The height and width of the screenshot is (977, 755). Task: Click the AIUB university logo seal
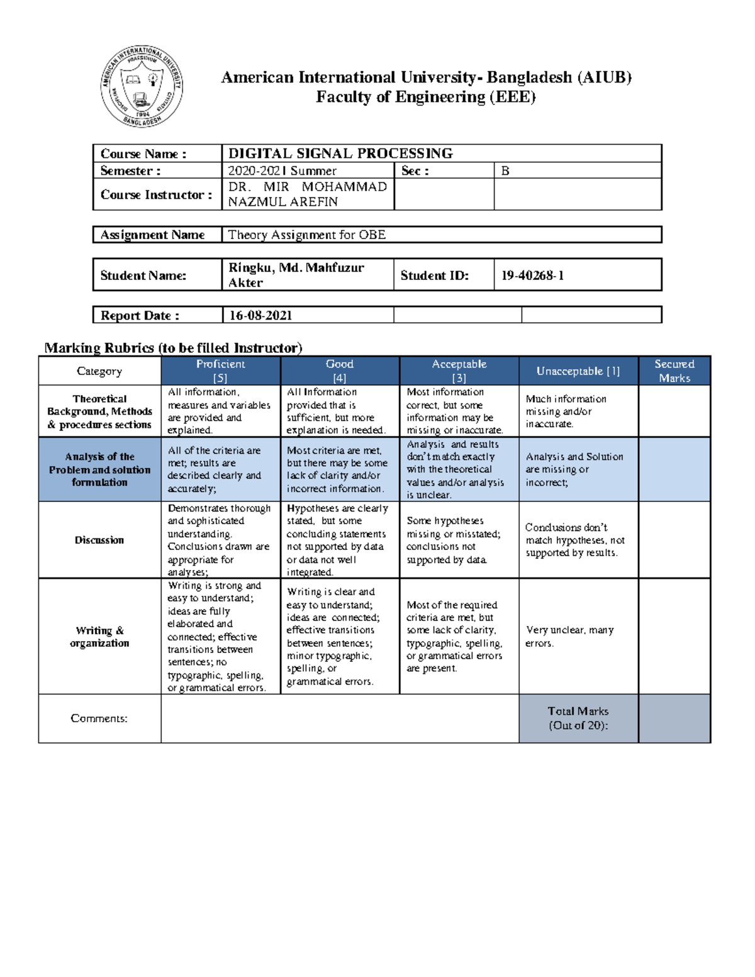click(x=142, y=87)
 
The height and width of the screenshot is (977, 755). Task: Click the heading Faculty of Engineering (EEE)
click(x=425, y=97)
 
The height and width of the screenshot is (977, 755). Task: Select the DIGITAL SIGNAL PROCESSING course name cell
click(x=340, y=154)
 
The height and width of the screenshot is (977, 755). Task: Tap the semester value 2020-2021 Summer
click(x=282, y=170)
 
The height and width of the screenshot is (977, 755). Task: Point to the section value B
click(x=505, y=170)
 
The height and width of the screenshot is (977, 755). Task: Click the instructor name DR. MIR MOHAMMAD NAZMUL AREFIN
click(x=307, y=194)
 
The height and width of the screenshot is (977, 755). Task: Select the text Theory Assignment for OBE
click(x=306, y=235)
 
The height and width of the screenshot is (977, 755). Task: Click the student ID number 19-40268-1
click(x=532, y=276)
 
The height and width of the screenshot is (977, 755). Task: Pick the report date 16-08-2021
click(x=260, y=315)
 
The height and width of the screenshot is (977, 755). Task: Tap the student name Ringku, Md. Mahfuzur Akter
click(x=296, y=275)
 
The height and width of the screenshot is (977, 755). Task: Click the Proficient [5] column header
click(x=220, y=371)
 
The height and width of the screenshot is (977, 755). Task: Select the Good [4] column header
click(x=339, y=371)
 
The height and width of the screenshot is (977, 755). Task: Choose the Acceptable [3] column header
click(x=459, y=371)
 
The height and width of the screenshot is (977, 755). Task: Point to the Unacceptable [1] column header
click(x=578, y=371)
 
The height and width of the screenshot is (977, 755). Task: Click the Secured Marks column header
click(x=674, y=371)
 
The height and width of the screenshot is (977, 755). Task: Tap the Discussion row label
click(x=99, y=540)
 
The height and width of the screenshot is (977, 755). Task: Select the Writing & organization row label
click(x=99, y=637)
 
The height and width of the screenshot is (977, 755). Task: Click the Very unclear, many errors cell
click(x=569, y=637)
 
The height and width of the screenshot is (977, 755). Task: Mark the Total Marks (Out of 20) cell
click(x=578, y=718)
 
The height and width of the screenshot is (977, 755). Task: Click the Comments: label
click(x=99, y=718)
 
